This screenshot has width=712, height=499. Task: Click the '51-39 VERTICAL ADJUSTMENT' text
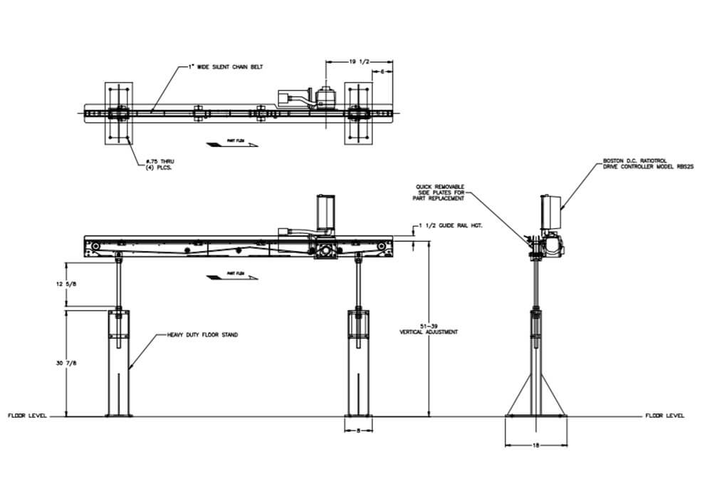tap(429, 329)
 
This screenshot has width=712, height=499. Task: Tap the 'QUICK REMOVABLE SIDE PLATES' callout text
tap(441, 192)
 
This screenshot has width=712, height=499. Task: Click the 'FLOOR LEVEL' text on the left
tap(27, 415)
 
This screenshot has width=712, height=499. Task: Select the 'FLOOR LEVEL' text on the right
tap(665, 415)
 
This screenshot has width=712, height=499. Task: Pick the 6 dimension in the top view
tap(382, 73)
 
